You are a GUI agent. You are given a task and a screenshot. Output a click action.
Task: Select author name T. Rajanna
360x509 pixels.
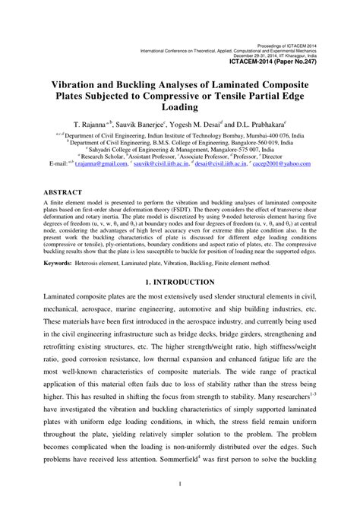click(90, 122)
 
